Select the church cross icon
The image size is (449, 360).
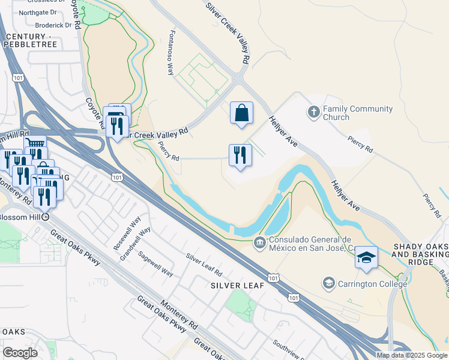pyautogui.click(x=313, y=112)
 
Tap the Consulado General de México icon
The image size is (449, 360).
pyautogui.click(x=259, y=243)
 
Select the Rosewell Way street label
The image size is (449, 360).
pyautogui.click(x=122, y=233)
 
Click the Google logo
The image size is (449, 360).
pyautogui.click(x=20, y=353)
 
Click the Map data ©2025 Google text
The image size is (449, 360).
pyautogui.click(x=412, y=355)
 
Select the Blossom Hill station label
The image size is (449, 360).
pyautogui.click(x=22, y=217)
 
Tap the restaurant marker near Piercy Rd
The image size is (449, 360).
pyautogui.click(x=240, y=155)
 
